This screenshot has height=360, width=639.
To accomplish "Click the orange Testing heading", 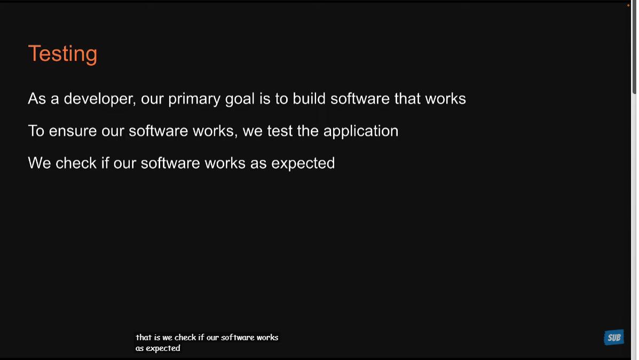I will pos(62,53).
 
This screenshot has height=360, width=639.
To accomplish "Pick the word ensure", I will pos(73,131).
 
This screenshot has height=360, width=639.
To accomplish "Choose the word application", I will pos(361,131).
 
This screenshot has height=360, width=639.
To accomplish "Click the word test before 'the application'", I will pos(280,131).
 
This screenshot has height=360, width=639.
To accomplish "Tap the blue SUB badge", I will pos(614,338).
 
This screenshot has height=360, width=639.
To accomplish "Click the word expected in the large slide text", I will pos(303,163).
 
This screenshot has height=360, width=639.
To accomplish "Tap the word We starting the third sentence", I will pos(39,163).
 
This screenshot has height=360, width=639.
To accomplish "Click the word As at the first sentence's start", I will pos(37,99).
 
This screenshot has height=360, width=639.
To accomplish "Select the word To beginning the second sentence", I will pos(36,131).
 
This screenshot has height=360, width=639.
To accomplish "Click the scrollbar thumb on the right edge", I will pos(634,48).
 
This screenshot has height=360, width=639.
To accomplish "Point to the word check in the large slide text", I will pos(76,163).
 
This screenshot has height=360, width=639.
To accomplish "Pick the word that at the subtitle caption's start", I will pos(144,338).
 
